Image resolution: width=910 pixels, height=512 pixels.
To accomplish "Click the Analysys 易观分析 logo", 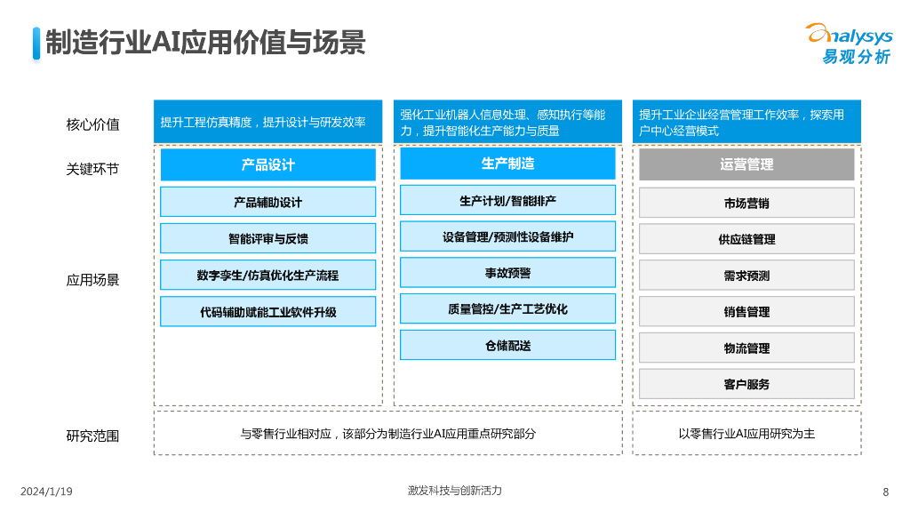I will [849, 44].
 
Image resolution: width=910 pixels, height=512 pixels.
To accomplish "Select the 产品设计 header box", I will [267, 164].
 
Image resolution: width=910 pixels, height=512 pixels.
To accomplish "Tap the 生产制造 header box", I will [507, 164].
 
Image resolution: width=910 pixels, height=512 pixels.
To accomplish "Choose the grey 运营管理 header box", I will [746, 164].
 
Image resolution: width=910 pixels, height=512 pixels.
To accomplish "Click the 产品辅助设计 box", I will [267, 202].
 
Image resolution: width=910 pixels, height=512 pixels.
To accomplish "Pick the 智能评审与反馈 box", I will [267, 238].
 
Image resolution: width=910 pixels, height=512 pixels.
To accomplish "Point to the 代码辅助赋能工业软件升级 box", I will [267, 311].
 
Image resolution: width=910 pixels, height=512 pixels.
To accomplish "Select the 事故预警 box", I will [507, 273].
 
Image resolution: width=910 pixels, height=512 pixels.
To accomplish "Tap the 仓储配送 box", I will [507, 345].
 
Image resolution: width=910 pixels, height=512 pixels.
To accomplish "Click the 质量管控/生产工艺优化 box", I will [507, 308].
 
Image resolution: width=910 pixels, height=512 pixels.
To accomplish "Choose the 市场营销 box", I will [746, 203].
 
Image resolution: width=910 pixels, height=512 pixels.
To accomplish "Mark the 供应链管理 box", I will [746, 239].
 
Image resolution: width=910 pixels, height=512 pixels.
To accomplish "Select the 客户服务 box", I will [746, 384].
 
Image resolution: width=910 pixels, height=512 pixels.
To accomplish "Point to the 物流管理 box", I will [746, 348].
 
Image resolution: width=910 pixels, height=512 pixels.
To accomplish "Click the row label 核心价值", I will [92, 124].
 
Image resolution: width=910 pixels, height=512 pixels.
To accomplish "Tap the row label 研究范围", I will [92, 436].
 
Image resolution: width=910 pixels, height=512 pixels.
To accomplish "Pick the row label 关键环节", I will [92, 168].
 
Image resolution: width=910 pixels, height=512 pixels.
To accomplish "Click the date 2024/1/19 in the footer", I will [46, 492].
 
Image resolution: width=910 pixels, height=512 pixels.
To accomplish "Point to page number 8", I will [885, 492].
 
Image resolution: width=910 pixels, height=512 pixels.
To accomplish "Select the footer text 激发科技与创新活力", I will [454, 491].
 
